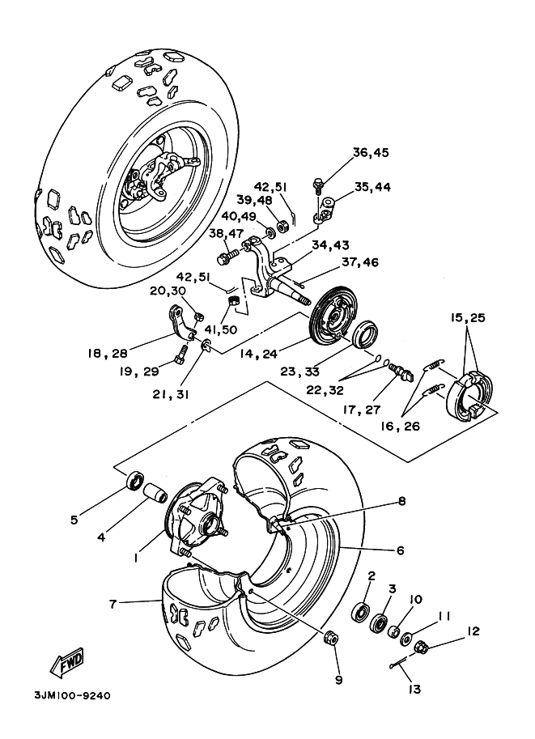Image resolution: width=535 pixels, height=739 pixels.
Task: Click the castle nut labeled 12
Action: (x=421, y=647)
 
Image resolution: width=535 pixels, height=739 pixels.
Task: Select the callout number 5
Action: (x=74, y=520)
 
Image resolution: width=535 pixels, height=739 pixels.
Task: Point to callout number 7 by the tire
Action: (x=113, y=604)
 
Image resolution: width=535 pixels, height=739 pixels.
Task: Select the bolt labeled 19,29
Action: (x=182, y=354)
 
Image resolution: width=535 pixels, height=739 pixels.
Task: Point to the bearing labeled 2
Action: (x=361, y=612)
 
